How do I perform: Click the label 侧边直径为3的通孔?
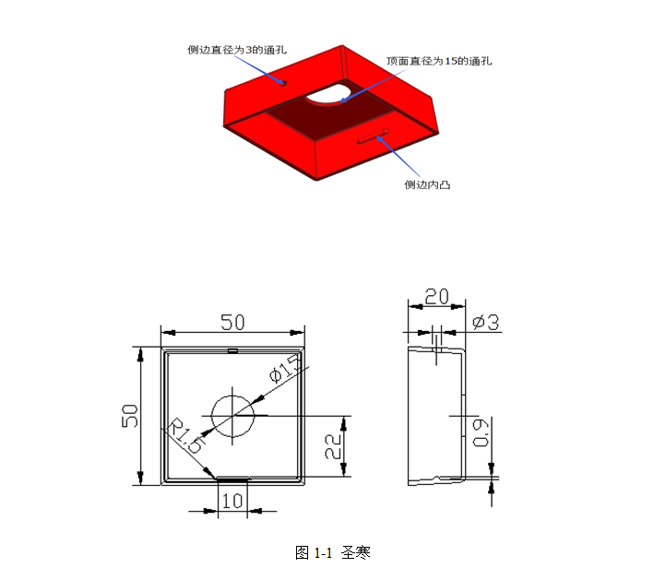click(237, 50)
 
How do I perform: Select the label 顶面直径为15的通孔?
click(439, 61)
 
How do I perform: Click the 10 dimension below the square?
click(232, 501)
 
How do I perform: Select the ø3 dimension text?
click(485, 323)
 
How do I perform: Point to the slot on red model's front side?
click(374, 137)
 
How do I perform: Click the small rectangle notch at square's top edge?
click(232, 350)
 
